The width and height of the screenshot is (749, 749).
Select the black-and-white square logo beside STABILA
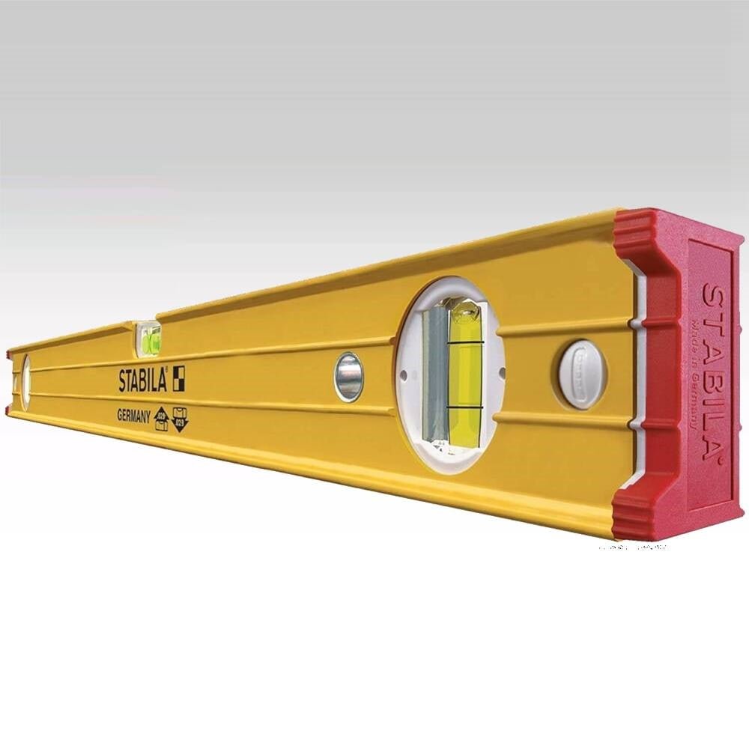(x=178, y=378)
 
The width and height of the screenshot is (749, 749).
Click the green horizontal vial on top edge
(x=149, y=338)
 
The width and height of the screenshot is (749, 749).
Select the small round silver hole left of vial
(x=348, y=376)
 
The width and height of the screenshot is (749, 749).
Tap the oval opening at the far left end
(x=26, y=382)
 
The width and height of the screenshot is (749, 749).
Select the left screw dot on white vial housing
(x=404, y=376)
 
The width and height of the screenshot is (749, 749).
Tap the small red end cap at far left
(x=10, y=382)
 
